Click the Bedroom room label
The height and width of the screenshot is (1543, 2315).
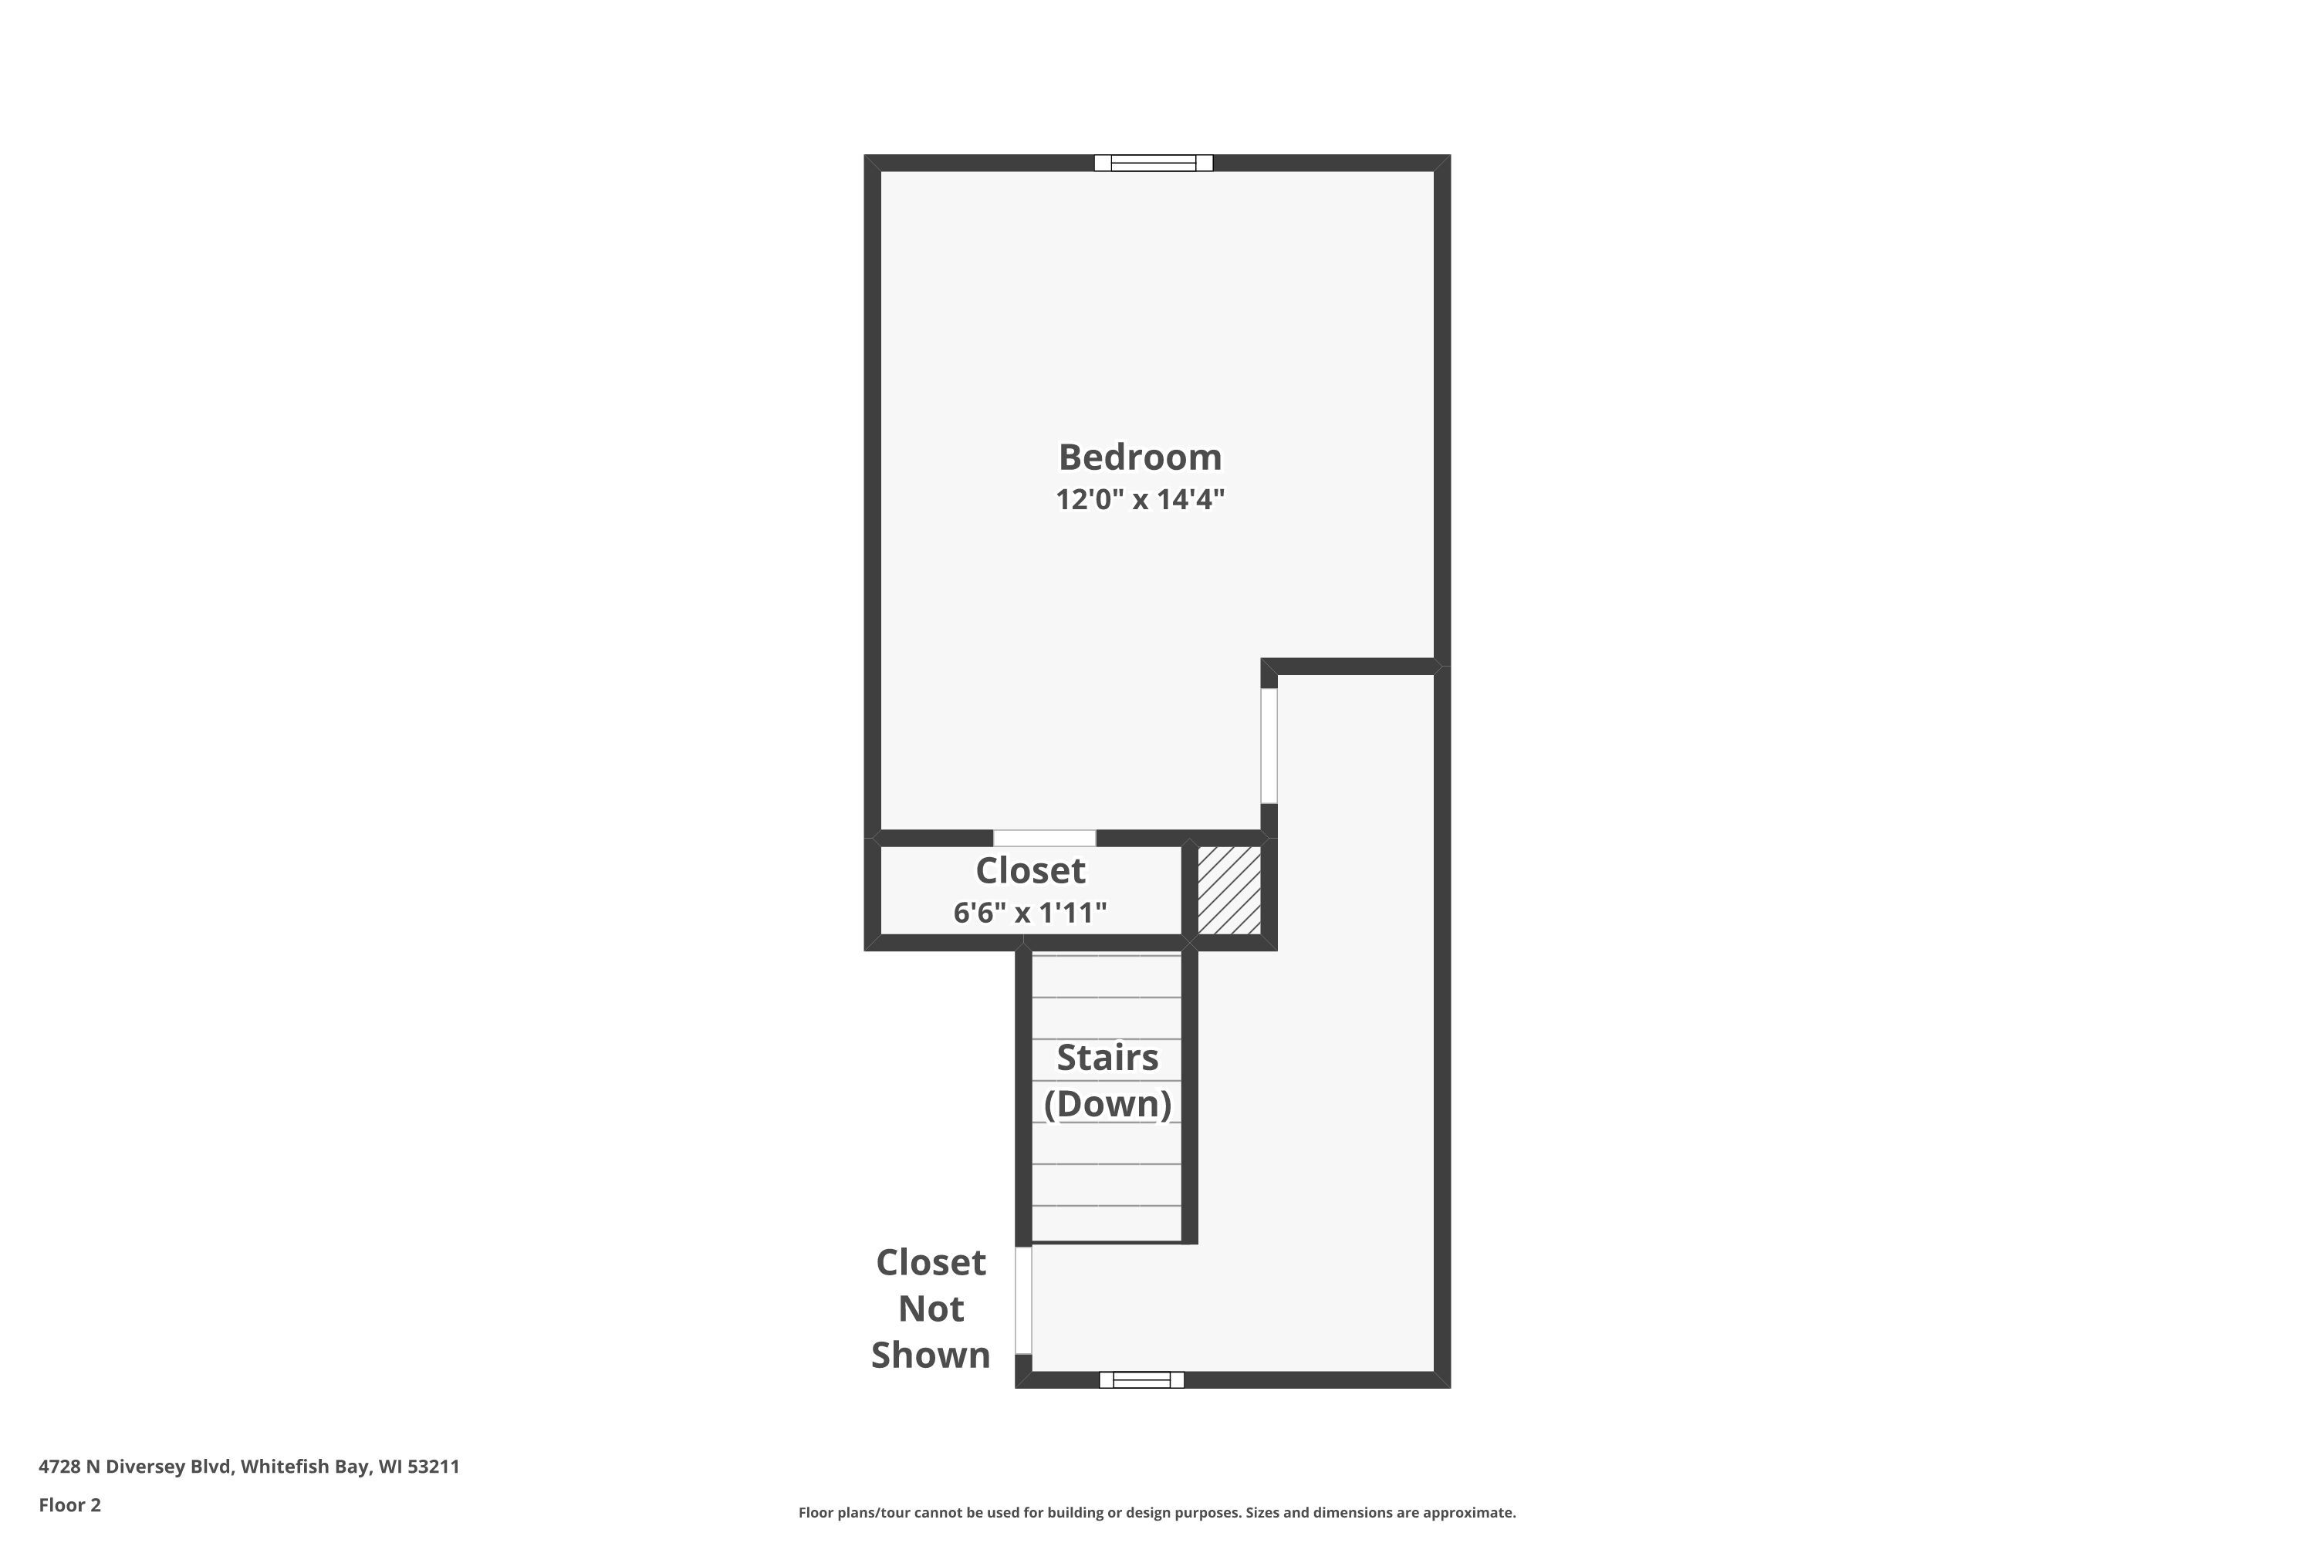pos(1140,457)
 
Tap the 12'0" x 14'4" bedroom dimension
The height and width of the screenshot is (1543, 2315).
pos(1140,499)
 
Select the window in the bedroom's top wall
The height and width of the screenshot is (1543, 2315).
pos(1154,164)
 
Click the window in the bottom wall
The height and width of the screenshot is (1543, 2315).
pos(1142,1379)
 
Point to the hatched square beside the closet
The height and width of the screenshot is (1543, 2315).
pos(1229,890)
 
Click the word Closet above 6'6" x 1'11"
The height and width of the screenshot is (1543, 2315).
pos(1029,871)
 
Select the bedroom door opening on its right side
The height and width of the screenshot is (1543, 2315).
pos(1269,746)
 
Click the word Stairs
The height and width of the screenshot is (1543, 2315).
pos(1107,1058)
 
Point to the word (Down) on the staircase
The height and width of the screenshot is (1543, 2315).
pos(1107,1104)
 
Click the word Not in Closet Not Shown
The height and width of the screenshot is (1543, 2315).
pos(931,1308)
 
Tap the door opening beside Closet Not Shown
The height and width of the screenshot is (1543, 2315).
pos(1024,1300)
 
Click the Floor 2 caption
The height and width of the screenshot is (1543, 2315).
pos(70,1504)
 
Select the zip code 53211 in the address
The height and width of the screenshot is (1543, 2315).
pos(433,1467)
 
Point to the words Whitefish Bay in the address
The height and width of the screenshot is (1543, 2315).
pos(305,1467)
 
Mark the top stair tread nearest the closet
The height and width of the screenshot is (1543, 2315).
pos(1107,976)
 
